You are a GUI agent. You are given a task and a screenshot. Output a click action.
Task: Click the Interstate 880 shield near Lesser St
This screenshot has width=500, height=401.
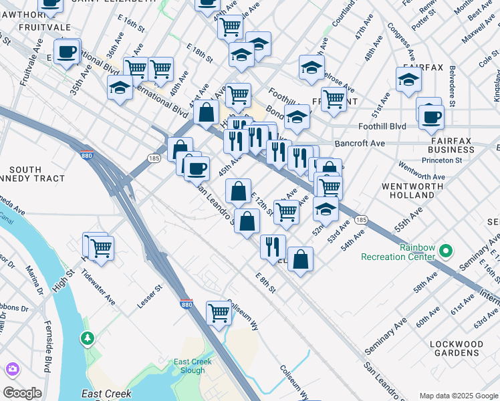point(186,303)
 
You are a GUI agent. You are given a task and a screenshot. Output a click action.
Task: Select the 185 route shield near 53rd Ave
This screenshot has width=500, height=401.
point(361,220)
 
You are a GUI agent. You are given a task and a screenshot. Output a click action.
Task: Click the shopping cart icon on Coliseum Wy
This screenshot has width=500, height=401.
point(219,312)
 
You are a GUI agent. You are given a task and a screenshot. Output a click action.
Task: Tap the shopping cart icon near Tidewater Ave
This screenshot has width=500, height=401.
point(101,248)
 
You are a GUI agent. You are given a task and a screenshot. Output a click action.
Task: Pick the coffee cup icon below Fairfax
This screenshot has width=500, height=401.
point(431,117)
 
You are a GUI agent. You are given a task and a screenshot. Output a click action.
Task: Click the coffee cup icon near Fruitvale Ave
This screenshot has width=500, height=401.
point(66,51)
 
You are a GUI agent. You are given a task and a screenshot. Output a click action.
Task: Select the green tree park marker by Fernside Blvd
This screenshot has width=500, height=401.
point(88,339)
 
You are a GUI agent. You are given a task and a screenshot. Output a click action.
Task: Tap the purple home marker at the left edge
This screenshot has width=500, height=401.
point(12,369)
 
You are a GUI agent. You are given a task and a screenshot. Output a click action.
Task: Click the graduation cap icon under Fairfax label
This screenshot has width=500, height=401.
point(408,80)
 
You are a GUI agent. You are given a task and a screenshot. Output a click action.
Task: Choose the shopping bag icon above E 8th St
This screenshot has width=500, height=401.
point(301,259)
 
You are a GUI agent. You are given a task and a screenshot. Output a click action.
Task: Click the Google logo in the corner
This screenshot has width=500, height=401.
point(22,393)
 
